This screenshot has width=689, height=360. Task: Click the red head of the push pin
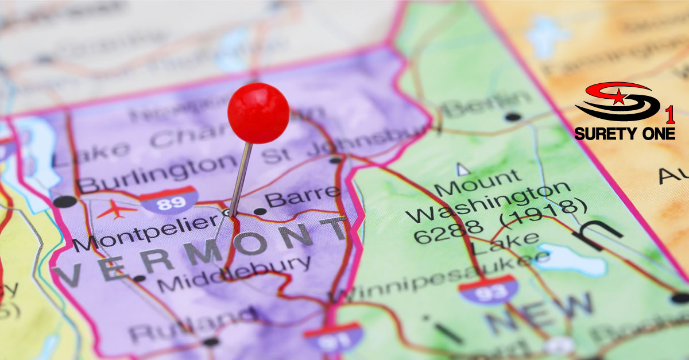point(258,113)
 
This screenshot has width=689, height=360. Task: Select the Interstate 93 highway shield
point(488,289)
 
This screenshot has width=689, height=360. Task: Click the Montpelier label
point(146,230)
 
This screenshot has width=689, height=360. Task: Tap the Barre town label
point(303,197)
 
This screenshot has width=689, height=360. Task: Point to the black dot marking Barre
point(260,211)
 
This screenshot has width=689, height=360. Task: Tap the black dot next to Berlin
point(513,117)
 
